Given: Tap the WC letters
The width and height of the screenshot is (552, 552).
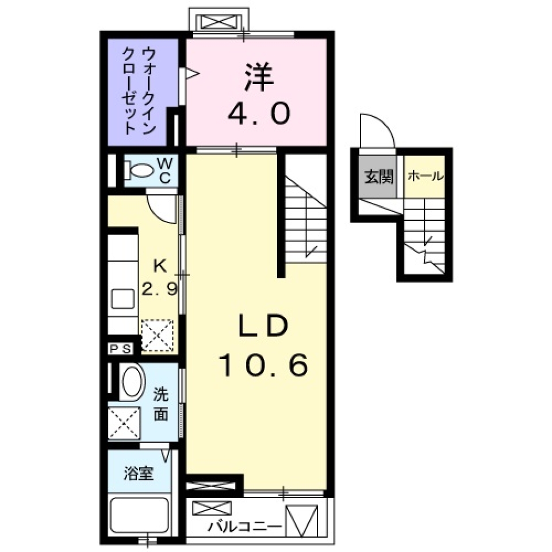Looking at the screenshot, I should [x=164, y=170].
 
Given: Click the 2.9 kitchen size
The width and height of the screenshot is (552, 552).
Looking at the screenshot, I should [x=159, y=289].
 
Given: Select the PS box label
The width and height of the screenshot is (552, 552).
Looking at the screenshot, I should [x=121, y=348].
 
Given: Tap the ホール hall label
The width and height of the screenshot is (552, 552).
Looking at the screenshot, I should [x=425, y=177].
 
